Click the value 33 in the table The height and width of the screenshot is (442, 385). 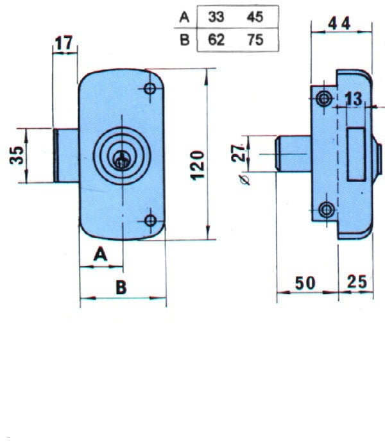pos(216,17)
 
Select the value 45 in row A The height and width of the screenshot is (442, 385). pos(255,17)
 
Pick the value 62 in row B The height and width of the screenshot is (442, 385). pos(216,40)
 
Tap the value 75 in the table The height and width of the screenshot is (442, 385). pos(255,40)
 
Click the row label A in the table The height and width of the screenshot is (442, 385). pos(184,17)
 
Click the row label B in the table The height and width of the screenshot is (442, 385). pos(185,40)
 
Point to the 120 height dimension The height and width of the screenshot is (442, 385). pos(197,166)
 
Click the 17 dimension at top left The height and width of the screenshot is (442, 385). pos(64,43)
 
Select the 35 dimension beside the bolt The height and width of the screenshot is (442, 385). pos(16,155)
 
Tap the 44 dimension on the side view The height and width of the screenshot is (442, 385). pos(339,23)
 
